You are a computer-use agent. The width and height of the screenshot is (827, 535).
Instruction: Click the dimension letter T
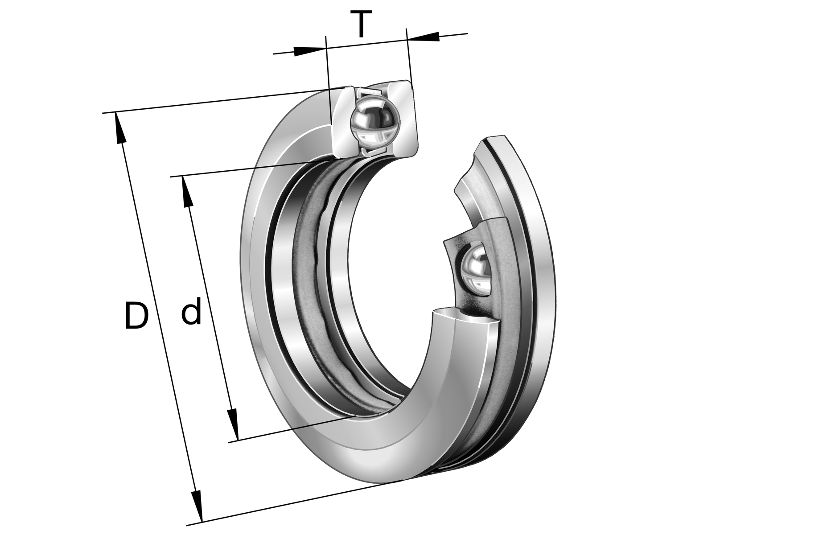tap(361, 25)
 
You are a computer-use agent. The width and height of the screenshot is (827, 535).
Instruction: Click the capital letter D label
tap(136, 316)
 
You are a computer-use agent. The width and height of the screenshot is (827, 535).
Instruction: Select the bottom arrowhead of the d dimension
tap(232, 424)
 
